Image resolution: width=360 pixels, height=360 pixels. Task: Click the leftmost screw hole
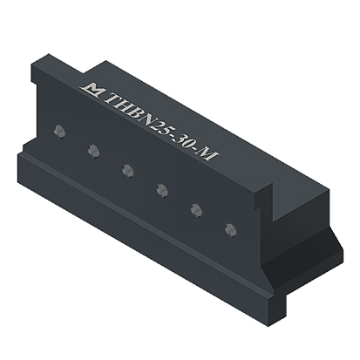(x=59, y=132)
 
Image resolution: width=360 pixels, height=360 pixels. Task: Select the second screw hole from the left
(x=93, y=151)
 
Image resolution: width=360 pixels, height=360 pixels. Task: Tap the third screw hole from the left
(x=127, y=171)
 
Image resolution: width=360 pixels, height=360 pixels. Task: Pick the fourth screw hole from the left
(x=162, y=190)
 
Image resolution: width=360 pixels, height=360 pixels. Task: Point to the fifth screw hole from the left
(x=196, y=210)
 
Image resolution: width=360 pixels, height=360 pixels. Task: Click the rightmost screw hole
(x=230, y=230)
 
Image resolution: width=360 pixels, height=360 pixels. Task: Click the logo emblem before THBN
(x=92, y=89)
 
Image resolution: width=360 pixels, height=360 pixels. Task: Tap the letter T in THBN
(x=112, y=100)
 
